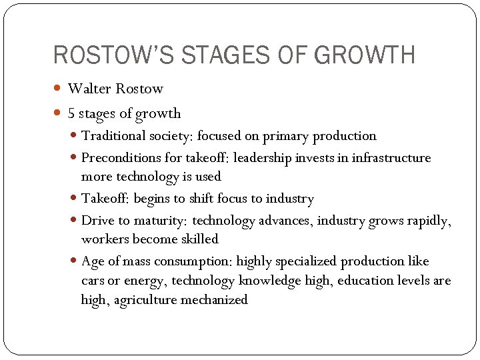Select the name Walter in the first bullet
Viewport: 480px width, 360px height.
[90, 89]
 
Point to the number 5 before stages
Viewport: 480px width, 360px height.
[71, 113]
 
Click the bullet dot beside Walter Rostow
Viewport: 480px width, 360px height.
[57, 89]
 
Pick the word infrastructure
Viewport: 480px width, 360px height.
[392, 158]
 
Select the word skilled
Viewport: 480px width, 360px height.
[200, 239]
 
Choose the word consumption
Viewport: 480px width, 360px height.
[199, 261]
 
